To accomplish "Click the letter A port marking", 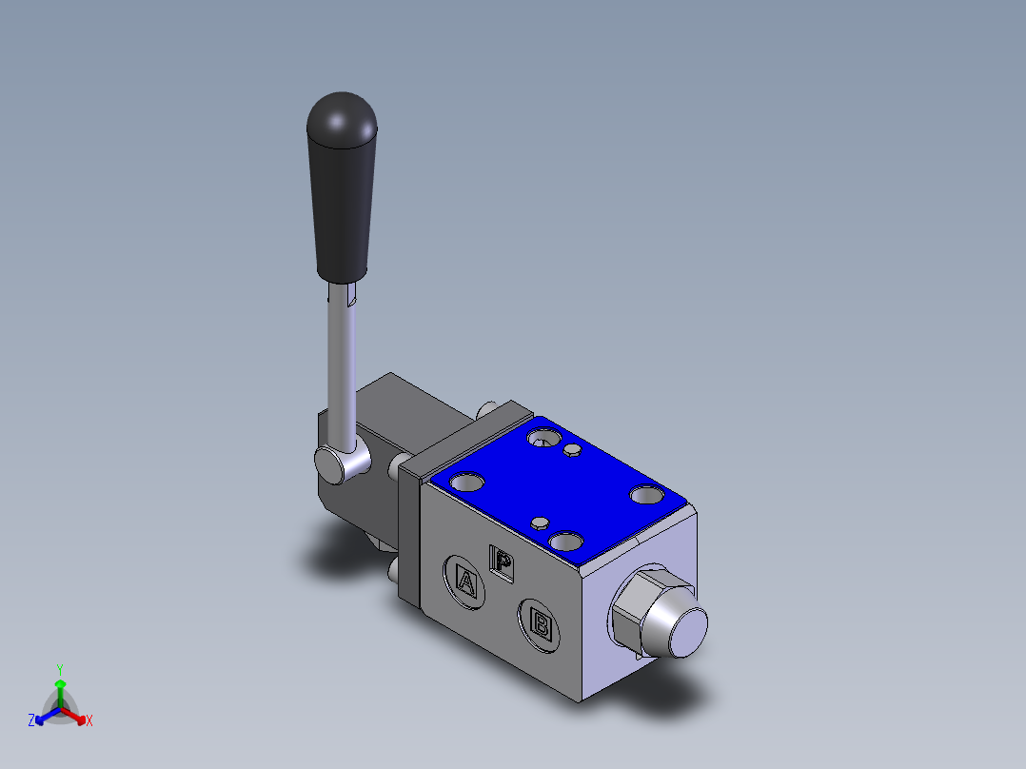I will point(466,581).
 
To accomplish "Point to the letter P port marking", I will point(503,562).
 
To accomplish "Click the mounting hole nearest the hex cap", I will point(647,495).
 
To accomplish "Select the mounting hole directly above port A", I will point(467,482).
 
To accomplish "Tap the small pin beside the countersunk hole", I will point(573,449).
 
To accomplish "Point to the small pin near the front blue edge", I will point(540,523).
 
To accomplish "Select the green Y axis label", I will point(59,668).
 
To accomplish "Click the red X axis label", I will point(89,721).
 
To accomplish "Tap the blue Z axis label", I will point(31,721).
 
